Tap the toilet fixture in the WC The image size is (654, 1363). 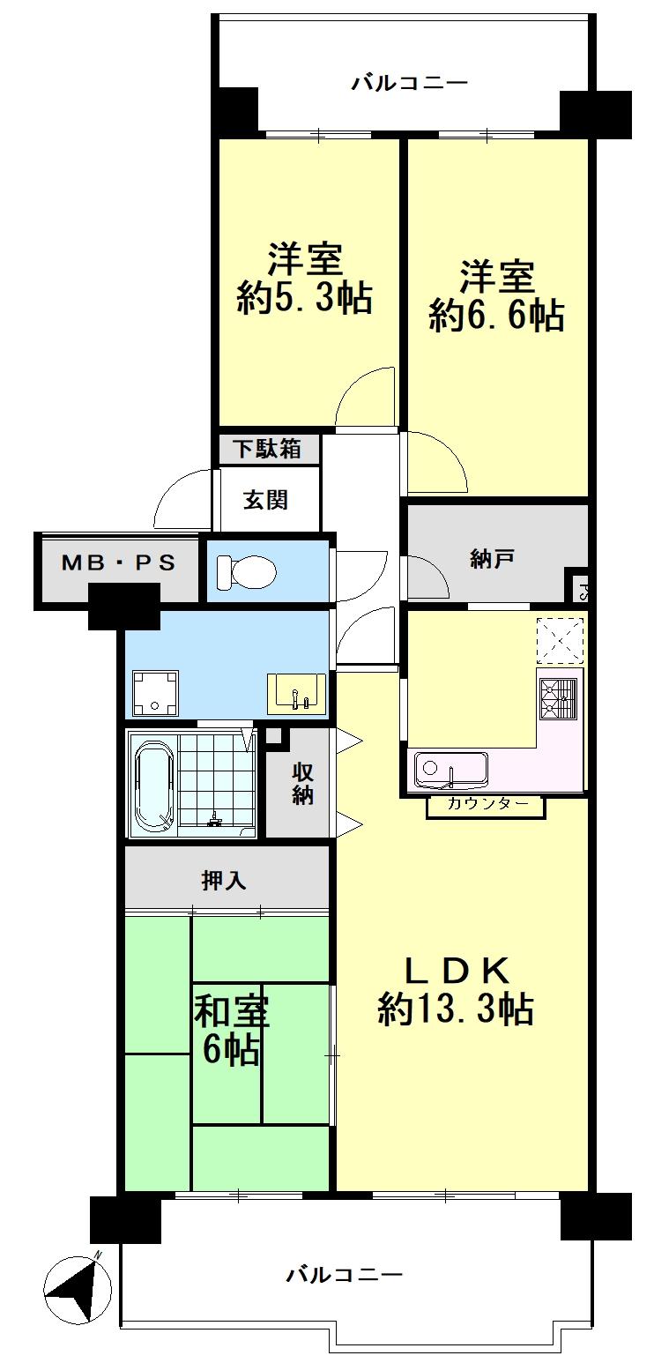[246, 570]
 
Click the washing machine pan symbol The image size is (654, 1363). [156, 693]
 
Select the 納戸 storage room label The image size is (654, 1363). [492, 558]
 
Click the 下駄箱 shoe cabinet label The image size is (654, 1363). [268, 449]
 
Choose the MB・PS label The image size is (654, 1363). [118, 562]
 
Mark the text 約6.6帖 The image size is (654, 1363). [496, 316]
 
